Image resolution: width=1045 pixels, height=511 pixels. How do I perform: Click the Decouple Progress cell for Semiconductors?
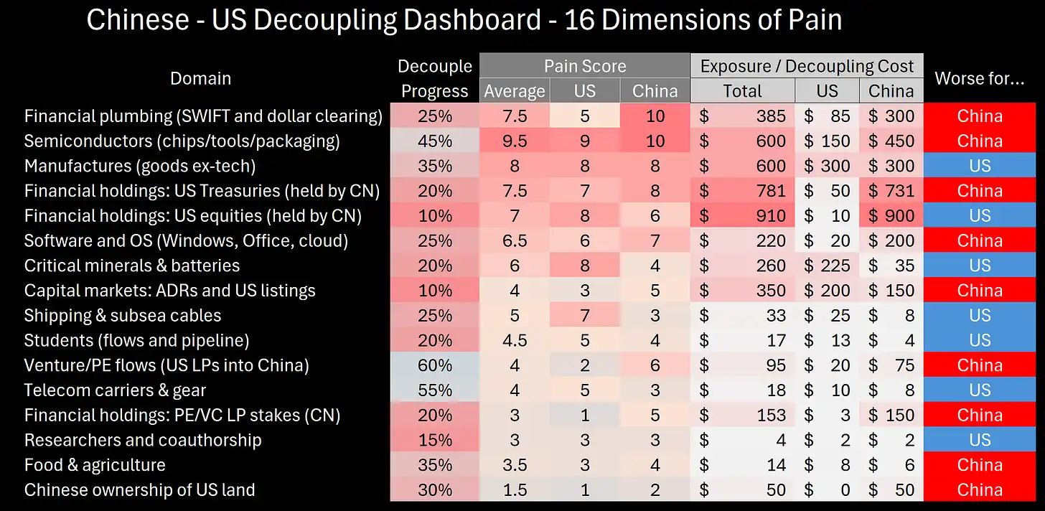tap(434, 141)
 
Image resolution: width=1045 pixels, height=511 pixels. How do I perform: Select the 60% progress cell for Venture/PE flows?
tap(434, 366)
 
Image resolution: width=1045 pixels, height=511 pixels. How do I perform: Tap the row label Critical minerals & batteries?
tap(132, 266)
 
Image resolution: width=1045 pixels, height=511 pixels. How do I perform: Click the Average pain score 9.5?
tap(514, 141)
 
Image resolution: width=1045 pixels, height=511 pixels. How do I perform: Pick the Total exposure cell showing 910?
tap(742, 216)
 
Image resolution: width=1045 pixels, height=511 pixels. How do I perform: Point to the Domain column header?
tap(200, 78)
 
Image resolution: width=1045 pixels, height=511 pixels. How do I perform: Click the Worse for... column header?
tap(979, 79)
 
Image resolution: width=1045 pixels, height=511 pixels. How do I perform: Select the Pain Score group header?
tap(584, 67)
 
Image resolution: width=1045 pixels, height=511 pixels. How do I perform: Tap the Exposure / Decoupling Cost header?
tap(807, 67)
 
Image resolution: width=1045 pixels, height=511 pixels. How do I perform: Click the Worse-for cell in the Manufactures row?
tap(979, 167)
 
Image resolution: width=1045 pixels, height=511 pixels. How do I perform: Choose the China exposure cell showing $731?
tap(891, 192)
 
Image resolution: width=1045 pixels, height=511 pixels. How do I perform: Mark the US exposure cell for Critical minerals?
tap(827, 266)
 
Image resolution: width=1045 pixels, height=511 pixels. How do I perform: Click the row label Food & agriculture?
tap(95, 466)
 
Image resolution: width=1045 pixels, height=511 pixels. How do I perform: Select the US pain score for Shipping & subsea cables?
tap(584, 316)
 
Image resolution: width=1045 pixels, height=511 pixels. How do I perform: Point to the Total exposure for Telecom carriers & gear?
tap(742, 391)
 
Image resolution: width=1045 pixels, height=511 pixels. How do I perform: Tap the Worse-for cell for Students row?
tap(979, 341)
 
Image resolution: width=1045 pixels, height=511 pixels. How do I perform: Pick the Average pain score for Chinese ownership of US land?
tap(514, 491)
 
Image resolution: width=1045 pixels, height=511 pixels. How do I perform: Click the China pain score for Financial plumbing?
tap(655, 116)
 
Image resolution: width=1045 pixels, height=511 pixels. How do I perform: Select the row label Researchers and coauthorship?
tap(143, 441)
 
